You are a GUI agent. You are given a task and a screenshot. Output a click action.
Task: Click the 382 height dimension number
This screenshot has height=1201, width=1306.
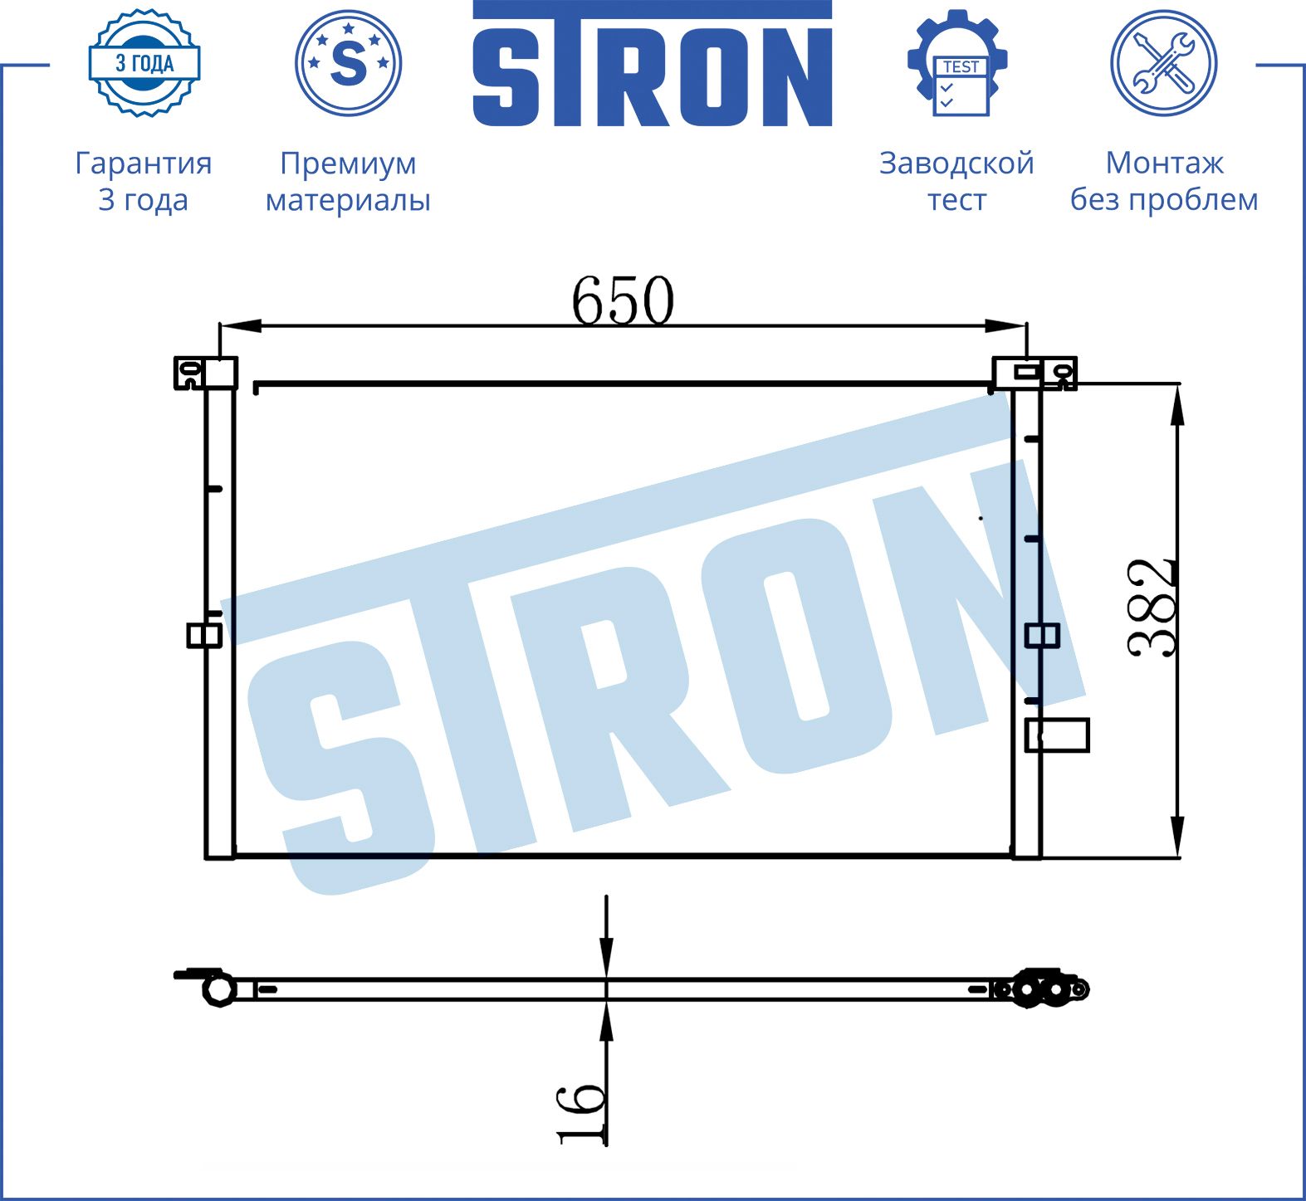click(1152, 608)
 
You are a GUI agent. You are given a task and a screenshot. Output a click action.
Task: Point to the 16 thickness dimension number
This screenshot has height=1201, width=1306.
click(580, 1113)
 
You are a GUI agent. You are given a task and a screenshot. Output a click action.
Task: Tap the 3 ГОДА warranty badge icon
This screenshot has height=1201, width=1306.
click(144, 63)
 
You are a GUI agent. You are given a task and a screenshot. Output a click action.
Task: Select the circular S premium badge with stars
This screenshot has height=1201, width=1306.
click(349, 63)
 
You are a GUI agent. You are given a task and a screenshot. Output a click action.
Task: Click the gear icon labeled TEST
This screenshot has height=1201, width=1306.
click(957, 63)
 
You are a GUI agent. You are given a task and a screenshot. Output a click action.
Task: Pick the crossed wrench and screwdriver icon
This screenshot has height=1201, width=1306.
click(1164, 63)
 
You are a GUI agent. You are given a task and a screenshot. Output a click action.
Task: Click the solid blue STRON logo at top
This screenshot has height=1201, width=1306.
click(653, 63)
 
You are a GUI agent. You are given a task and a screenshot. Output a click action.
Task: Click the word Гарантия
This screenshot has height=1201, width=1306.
click(144, 163)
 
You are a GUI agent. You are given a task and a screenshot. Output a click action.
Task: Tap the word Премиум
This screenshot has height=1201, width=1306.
click(348, 164)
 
